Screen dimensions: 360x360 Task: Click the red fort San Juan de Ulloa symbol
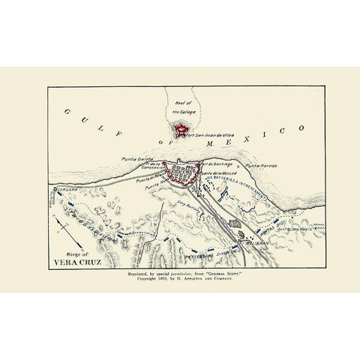point(179,131)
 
